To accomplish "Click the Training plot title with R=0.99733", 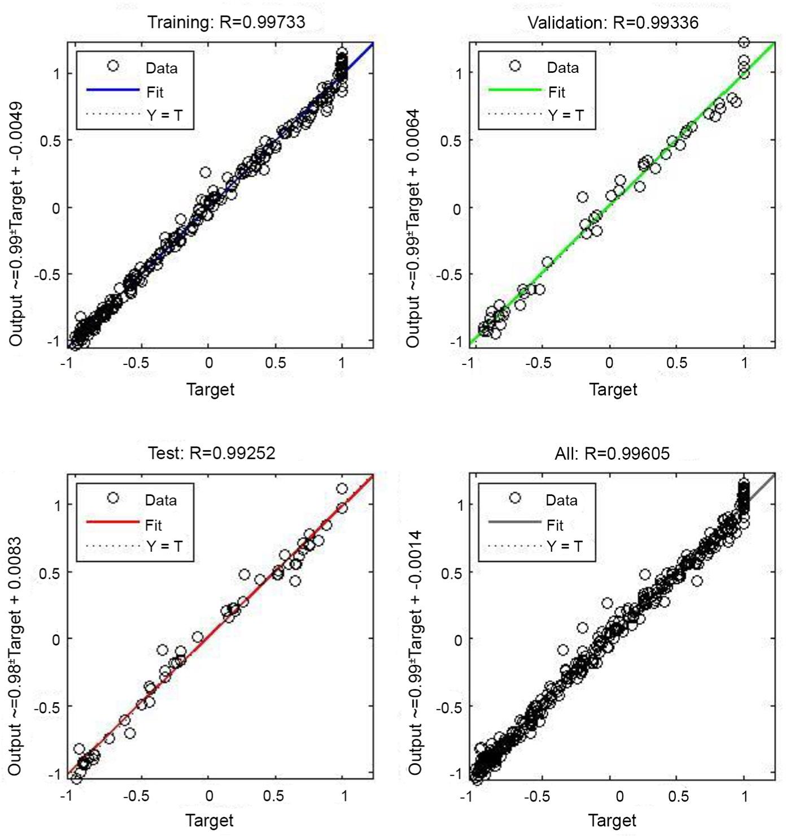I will coord(226,22).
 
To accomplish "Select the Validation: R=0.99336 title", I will coord(613,23).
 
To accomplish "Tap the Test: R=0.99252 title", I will coord(212,453).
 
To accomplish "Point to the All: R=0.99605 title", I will coord(612,453).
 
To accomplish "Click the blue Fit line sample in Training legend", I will coord(112,90).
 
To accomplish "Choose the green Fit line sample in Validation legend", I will coord(514,90).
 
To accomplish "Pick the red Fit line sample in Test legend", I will coord(112,522).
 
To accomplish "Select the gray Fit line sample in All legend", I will coord(514,522).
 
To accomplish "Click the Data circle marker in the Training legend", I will coord(113,66).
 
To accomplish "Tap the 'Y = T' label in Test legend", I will coord(164,546).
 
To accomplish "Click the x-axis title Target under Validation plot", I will coord(613,389).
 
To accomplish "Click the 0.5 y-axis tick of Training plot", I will coord(51,141).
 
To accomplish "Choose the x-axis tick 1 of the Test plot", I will coord(344,796).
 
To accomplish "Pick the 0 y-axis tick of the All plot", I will coord(458,640).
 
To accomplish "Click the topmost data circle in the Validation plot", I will coord(744,42).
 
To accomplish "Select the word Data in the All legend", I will coord(561,500).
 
